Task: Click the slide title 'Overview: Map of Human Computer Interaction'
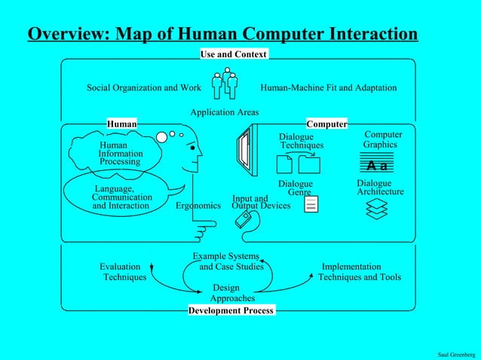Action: click(x=222, y=35)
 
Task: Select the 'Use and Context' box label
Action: click(x=233, y=54)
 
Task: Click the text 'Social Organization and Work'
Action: click(x=143, y=88)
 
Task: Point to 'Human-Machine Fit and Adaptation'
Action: click(x=328, y=88)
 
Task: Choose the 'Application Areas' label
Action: click(x=224, y=112)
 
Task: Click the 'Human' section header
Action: click(x=122, y=124)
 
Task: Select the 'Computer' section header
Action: click(x=326, y=124)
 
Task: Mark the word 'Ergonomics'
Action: click(x=198, y=206)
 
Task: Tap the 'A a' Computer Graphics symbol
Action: click(x=378, y=165)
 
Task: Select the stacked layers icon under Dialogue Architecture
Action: click(x=376, y=209)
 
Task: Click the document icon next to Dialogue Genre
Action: click(x=312, y=203)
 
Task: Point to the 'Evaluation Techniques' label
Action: click(x=123, y=272)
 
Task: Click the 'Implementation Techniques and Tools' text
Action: click(x=359, y=272)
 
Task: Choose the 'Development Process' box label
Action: click(x=231, y=310)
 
